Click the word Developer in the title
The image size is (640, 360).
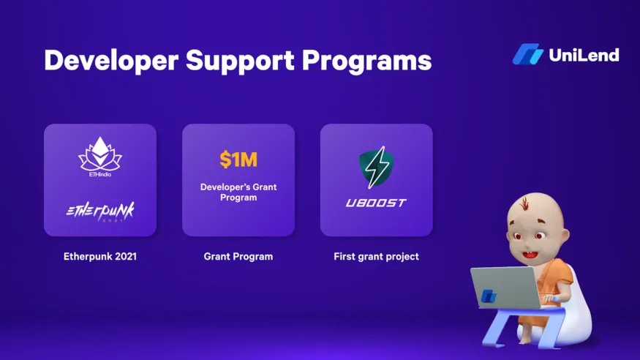coord(111,61)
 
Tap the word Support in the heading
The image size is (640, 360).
coord(240,61)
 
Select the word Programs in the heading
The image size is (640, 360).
coord(366,61)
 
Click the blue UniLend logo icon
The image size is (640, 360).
coord(528,54)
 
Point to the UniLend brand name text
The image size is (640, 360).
coord(584,55)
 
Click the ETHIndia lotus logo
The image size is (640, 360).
coord(100,157)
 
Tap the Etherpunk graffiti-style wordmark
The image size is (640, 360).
coord(100,211)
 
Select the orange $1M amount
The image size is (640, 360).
coord(238,160)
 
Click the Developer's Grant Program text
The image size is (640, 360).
coord(238,192)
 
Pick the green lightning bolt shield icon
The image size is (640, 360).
coord(376,168)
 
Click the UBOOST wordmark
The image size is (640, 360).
coord(376,203)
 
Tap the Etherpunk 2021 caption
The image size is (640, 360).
coord(100,257)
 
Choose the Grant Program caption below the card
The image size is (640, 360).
coord(238,257)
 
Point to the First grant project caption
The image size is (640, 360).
coord(377,257)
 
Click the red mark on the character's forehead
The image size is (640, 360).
coord(525,203)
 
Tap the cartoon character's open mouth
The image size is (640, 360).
coord(530,255)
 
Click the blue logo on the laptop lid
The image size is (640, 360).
coord(488,296)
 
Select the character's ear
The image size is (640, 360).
coord(565,236)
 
